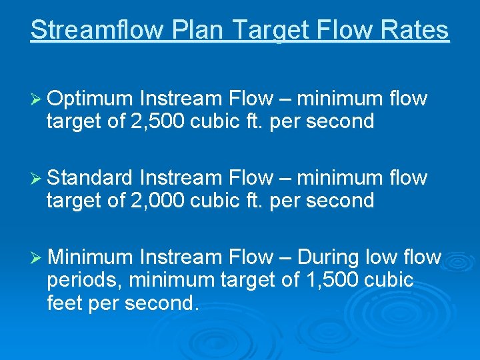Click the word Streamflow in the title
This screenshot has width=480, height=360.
96,31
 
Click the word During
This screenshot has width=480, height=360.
329,257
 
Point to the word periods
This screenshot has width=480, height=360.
83,280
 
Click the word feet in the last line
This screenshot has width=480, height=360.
67,303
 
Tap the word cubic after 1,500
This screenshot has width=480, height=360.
389,280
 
